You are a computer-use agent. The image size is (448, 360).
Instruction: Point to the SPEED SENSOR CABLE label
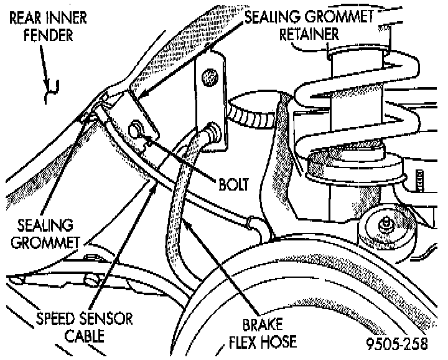point(84,328)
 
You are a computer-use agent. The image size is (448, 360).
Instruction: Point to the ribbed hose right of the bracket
point(249,115)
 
